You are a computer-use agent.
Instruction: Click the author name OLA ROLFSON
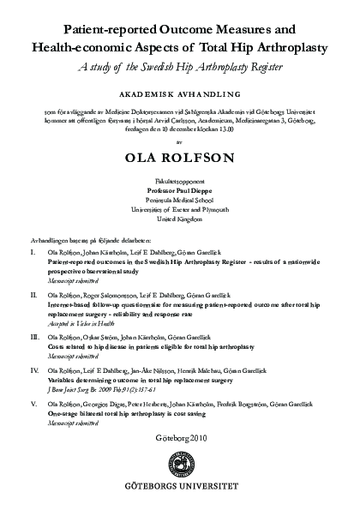tap(180, 157)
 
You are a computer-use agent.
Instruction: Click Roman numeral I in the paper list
tap(32, 255)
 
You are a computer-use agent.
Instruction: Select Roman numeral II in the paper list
tap(33, 293)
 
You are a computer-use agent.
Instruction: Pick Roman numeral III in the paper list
tap(33, 338)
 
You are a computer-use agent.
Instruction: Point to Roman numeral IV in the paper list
tap(33, 369)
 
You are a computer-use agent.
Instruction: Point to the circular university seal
tap(180, 465)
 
